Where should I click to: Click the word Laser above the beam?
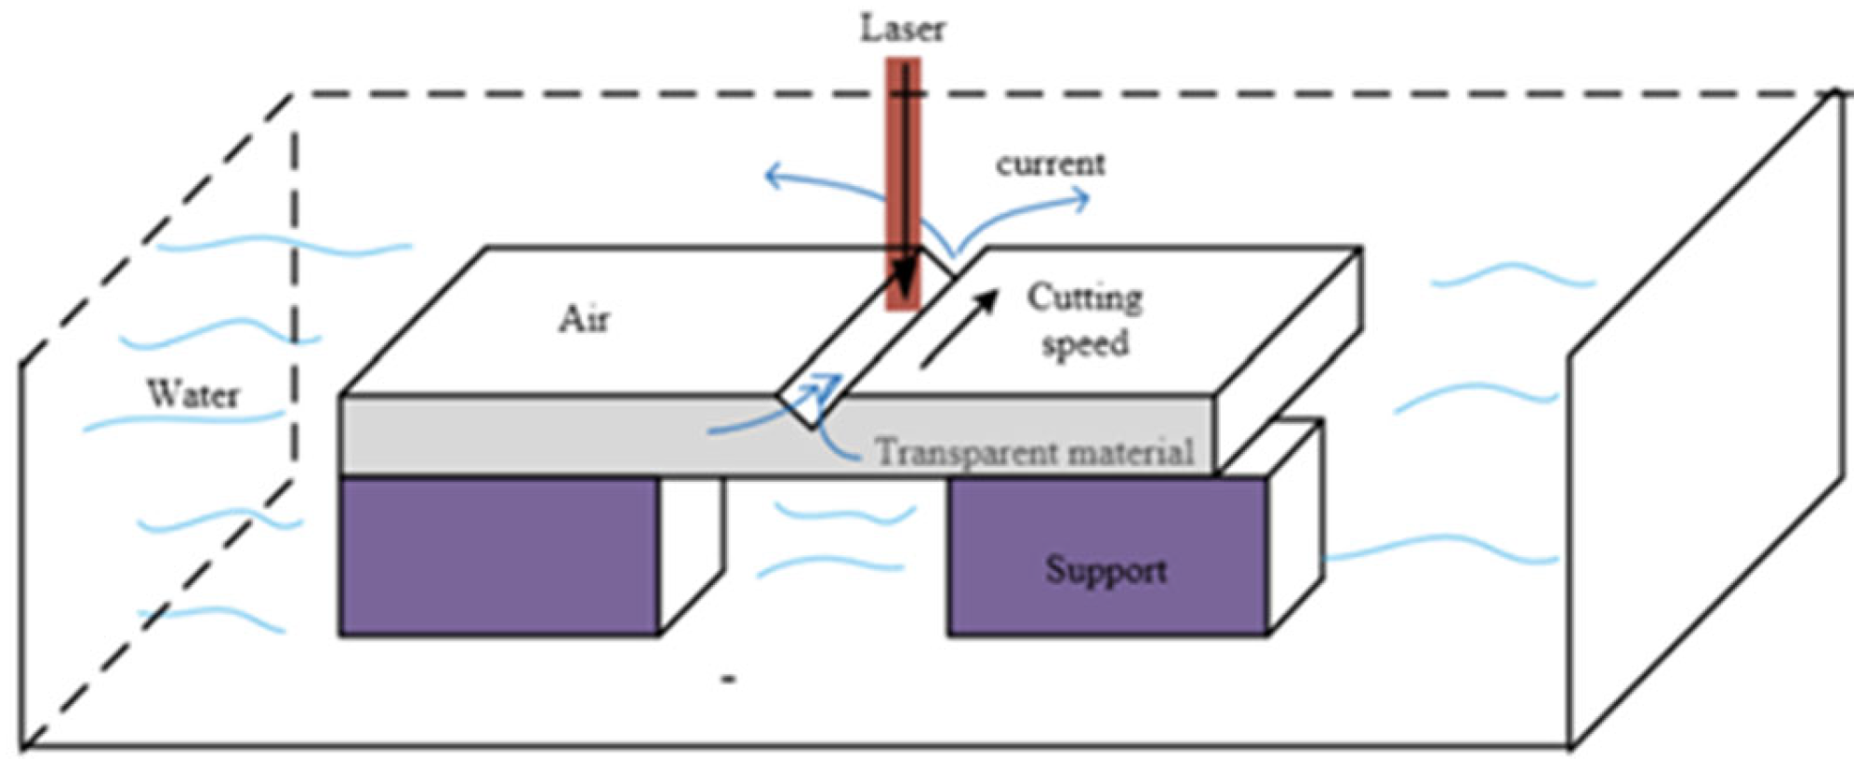pyautogui.click(x=902, y=29)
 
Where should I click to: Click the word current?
pyautogui.click(x=1051, y=164)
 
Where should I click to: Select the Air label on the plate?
pyautogui.click(x=584, y=319)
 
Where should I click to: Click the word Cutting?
pyautogui.click(x=1084, y=298)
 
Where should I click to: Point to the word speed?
pyautogui.click(x=1084, y=343)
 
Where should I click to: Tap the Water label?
pyautogui.click(x=192, y=394)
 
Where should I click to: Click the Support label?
pyautogui.click(x=1106, y=569)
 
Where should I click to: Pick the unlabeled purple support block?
pyautogui.click(x=499, y=556)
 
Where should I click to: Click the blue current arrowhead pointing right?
pyautogui.click(x=1080, y=199)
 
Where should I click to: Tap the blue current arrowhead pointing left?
pyautogui.click(x=772, y=176)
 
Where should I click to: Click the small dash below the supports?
pyautogui.click(x=729, y=680)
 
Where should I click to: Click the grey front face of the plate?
pyautogui.click(x=558, y=435)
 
